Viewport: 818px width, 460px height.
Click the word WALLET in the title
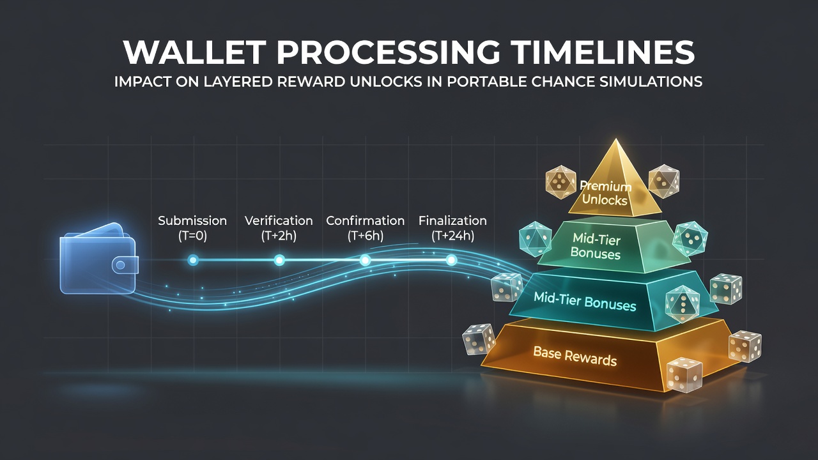194,52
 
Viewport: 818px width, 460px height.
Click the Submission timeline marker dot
193,260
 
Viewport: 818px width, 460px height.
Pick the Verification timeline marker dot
279,260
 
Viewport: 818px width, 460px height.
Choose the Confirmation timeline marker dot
365,260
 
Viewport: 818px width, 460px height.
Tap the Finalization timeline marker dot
452,260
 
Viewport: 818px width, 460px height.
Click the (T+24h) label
453,236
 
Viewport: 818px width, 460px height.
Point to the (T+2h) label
279,236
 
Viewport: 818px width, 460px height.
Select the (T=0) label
192,236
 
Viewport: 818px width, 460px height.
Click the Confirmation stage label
365,220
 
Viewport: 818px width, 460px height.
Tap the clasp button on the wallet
121,265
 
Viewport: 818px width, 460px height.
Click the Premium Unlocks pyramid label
605,194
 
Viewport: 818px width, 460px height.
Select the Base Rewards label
575,356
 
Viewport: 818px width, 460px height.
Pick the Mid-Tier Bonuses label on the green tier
596,247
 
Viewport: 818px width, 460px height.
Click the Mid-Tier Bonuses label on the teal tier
585,302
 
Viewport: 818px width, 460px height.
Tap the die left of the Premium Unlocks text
560,182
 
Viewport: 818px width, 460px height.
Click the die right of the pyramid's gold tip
664,181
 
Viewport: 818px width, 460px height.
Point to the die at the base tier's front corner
684,375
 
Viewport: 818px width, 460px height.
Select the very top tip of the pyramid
617,139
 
